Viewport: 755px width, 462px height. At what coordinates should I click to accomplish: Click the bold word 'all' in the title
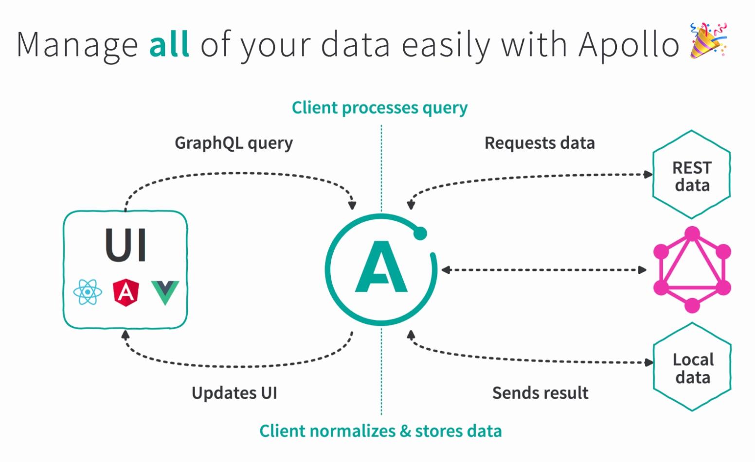(168, 45)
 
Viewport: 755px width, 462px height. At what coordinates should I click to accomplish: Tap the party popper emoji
(708, 41)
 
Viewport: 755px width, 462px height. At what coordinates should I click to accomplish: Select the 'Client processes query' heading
(379, 108)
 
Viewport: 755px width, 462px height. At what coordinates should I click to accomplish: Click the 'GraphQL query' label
(234, 143)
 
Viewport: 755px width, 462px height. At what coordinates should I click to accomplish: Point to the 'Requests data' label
(539, 143)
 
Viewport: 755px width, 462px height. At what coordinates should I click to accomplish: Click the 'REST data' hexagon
(691, 175)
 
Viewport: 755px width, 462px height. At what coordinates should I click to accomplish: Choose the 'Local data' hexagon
(692, 368)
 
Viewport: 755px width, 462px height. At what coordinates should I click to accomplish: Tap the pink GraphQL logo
(692, 270)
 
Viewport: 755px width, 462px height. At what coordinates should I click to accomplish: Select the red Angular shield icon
(126, 292)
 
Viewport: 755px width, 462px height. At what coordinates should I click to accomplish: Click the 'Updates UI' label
(234, 393)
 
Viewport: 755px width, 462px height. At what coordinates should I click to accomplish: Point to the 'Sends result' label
(540, 393)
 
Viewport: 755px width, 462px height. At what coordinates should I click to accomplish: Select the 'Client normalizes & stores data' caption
(380, 431)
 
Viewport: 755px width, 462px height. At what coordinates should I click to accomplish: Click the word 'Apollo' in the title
(629, 45)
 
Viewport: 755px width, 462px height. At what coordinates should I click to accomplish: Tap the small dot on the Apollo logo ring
(420, 233)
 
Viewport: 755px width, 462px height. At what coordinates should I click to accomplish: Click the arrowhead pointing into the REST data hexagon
(648, 174)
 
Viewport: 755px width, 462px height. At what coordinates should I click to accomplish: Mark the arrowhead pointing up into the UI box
(125, 335)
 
